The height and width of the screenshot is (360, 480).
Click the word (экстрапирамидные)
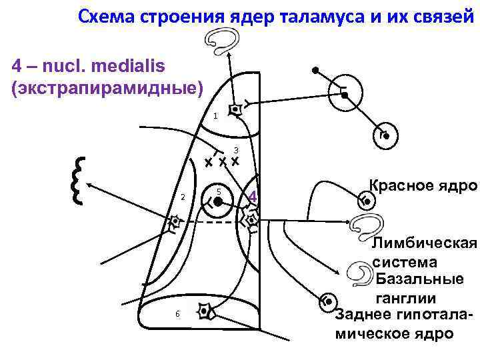pos(106,88)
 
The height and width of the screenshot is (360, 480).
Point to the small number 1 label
pos(215,117)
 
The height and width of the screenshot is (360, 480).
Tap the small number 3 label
pos(236,149)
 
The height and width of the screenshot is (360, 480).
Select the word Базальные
pos(427,279)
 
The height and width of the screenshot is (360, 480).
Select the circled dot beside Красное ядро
pos(365,199)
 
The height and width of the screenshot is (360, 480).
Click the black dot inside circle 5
pos(217,200)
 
